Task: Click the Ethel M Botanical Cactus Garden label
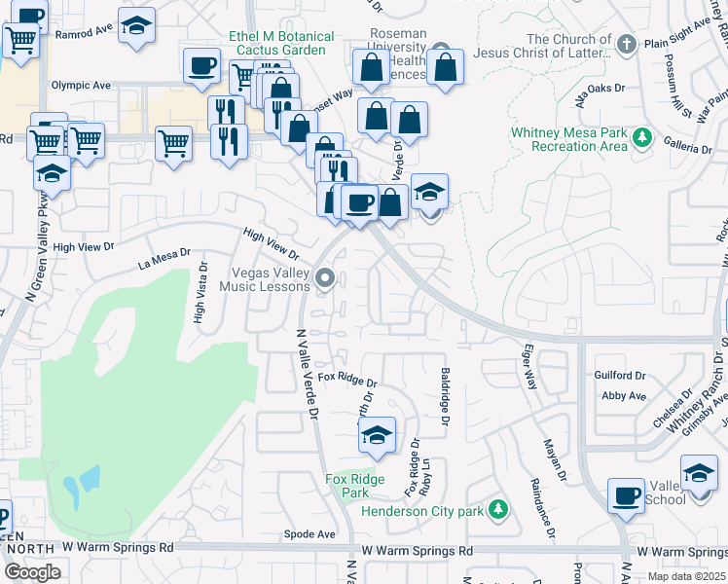[x=280, y=44]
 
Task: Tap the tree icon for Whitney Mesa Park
[x=641, y=137]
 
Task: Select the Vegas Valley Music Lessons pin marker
[x=326, y=279]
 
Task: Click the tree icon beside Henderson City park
[x=498, y=509]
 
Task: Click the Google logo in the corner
[x=31, y=573]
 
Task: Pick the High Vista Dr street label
[x=200, y=292]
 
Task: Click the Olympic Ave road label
[x=81, y=86]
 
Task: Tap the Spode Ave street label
[x=309, y=534]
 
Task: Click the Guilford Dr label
[x=620, y=376]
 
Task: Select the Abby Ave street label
[x=624, y=396]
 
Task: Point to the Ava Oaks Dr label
[x=600, y=93]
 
